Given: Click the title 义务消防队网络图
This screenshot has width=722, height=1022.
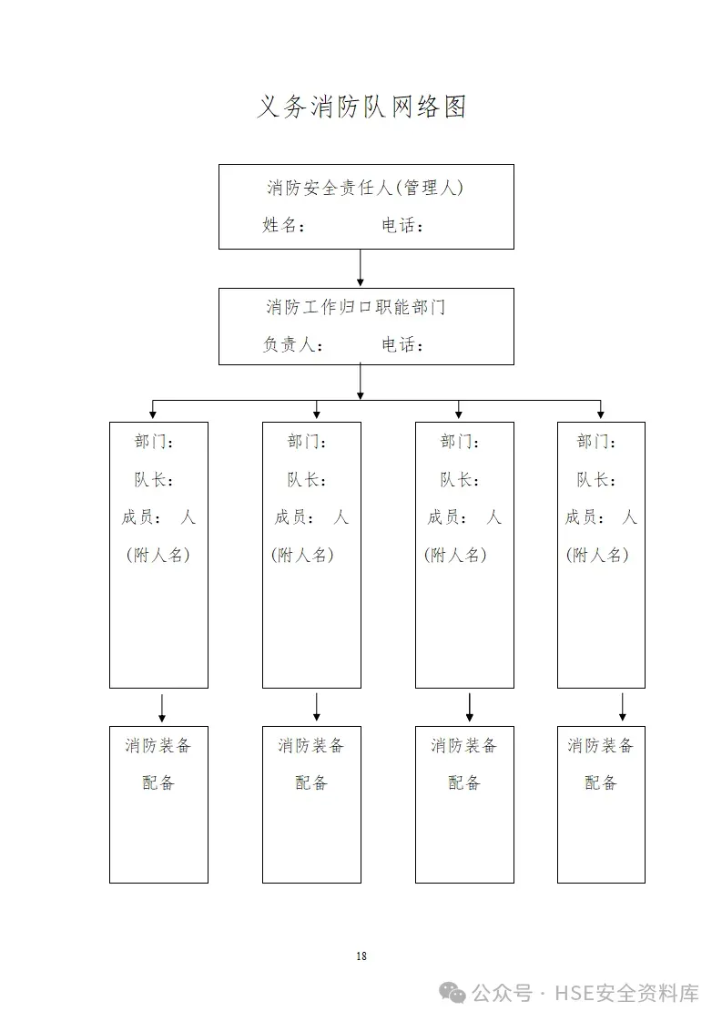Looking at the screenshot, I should [x=361, y=107].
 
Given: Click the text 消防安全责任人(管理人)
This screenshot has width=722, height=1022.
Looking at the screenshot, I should [x=365, y=188].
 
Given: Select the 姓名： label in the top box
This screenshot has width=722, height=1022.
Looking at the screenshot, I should [x=284, y=225].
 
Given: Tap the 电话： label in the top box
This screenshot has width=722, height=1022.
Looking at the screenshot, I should [x=403, y=225].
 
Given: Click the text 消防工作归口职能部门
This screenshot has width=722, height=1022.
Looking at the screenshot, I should [x=355, y=307].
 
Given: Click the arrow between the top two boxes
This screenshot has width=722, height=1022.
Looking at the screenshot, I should [x=361, y=268].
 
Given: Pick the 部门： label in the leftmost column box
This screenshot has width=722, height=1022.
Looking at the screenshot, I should [x=154, y=442].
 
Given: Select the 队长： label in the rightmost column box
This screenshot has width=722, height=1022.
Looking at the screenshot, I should [x=596, y=479].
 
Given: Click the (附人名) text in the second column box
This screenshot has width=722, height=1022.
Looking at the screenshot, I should [x=302, y=555].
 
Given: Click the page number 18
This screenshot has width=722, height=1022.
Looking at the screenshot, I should [x=361, y=956].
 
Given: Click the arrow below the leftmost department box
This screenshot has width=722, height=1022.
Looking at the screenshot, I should [x=162, y=707].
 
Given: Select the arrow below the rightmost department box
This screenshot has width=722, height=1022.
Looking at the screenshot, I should [x=623, y=707].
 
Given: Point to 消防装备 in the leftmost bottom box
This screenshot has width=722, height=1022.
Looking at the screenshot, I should [x=158, y=746].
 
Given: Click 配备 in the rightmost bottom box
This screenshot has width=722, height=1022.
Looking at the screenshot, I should [x=601, y=782].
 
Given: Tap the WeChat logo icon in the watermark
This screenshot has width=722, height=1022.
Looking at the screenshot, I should [x=453, y=992].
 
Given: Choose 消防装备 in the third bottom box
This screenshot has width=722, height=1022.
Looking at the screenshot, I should [x=464, y=746].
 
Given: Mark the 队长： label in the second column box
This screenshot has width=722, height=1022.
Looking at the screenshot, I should [x=307, y=479].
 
